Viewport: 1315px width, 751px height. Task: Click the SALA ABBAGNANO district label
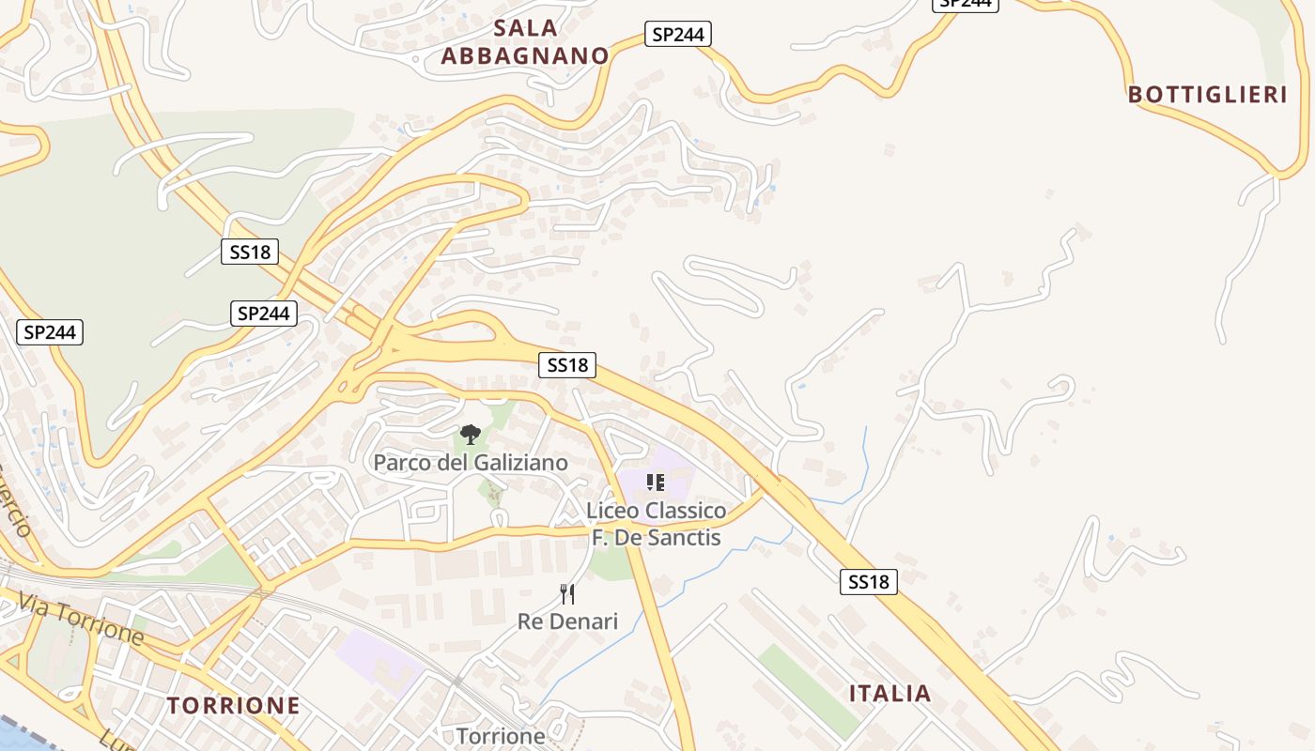[x=525, y=42]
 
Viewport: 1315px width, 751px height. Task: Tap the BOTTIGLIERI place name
[x=1207, y=95]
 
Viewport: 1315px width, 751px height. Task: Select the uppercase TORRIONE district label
[x=234, y=706]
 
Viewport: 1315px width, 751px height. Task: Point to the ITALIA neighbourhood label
[x=890, y=694]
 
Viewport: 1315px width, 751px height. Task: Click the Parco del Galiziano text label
[x=471, y=463]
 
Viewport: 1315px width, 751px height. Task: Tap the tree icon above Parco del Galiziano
[x=470, y=434]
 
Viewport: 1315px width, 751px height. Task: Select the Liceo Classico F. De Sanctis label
[x=656, y=524]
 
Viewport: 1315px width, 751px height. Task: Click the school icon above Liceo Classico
[x=656, y=483]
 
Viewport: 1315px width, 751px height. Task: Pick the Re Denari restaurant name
[x=567, y=621]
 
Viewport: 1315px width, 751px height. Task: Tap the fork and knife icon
[x=567, y=593]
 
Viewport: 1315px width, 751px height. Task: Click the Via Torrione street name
[x=81, y=620]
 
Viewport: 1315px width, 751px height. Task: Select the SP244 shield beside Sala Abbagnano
[x=677, y=35]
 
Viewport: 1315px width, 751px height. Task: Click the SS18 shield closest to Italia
[x=868, y=582]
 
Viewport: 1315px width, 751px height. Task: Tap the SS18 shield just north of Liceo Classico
[x=567, y=365]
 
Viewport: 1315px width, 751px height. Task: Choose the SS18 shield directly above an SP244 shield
[x=250, y=252]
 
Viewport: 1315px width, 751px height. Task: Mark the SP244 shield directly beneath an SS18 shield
[x=263, y=314]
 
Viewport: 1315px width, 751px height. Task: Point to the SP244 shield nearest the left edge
[x=50, y=331]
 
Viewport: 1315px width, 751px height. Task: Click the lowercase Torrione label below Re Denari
[x=501, y=736]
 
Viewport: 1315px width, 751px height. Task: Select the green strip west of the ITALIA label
[x=809, y=690]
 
